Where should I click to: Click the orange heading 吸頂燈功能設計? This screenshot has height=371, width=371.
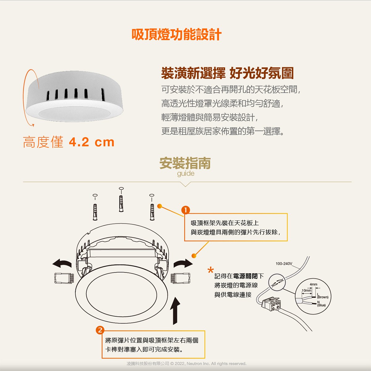click(177, 35)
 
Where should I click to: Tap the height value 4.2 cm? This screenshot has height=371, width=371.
click(92, 142)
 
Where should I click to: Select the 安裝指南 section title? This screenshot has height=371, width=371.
click(185, 163)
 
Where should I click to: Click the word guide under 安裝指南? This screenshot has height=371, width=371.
click(185, 174)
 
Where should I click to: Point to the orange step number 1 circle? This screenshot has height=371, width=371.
click(185, 210)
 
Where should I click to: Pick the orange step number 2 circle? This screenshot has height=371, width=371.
click(100, 330)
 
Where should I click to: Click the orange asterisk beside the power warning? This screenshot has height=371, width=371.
click(211, 270)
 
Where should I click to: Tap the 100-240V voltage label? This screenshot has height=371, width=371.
click(284, 264)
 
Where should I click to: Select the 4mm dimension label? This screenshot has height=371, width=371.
click(313, 284)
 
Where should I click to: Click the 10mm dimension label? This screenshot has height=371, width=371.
click(306, 291)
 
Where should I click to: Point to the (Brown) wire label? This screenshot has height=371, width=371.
click(323, 297)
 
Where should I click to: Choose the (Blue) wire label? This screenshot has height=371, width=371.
click(321, 305)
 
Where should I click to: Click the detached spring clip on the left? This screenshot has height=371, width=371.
click(64, 278)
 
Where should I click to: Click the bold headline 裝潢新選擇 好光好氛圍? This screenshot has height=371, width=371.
click(227, 73)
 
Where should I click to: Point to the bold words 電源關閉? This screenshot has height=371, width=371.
click(245, 276)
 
